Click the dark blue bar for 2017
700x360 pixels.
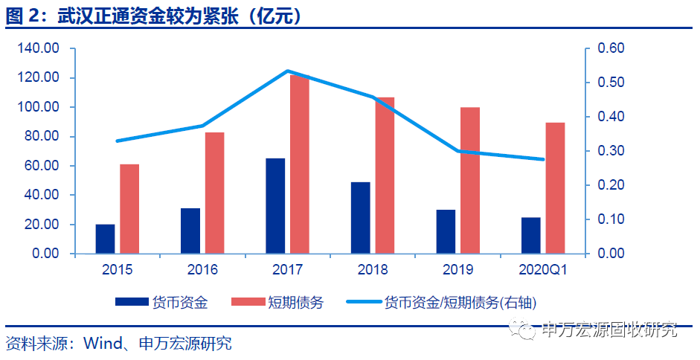point(275,206)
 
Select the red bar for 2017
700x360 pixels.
point(300,164)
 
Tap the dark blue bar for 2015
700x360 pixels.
point(106,239)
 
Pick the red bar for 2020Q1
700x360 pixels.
point(556,188)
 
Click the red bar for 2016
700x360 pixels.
point(215,193)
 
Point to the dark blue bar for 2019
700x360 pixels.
point(446,232)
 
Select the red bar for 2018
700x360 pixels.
point(385,176)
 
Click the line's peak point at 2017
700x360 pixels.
point(287,71)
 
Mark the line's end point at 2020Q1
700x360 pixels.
point(543,159)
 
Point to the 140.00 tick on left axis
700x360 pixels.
point(38,48)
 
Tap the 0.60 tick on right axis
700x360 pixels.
point(611,48)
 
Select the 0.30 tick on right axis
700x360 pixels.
point(611,151)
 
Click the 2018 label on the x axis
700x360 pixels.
point(373,269)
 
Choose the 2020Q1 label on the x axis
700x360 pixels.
point(543,269)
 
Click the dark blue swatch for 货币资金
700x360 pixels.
point(132,302)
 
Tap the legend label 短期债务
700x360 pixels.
point(295,303)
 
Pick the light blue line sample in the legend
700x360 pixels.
point(364,302)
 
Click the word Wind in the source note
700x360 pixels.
point(103,343)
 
